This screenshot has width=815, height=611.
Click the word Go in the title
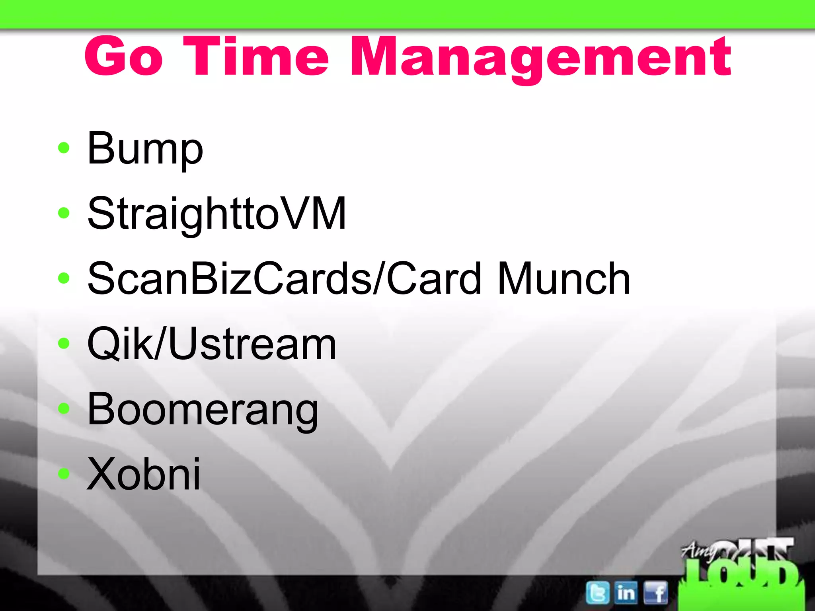[124, 56]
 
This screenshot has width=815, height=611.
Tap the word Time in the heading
[256, 56]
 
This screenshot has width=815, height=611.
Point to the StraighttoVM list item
[216, 214]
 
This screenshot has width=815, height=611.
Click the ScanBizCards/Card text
[284, 278]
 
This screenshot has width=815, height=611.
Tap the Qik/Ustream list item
[212, 344]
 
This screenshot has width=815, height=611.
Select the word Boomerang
[203, 410]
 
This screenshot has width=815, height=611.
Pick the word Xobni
[144, 474]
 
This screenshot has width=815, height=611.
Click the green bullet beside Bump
[64, 148]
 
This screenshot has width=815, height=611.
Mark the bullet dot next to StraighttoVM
[64, 213]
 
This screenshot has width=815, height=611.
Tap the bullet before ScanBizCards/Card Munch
[64, 278]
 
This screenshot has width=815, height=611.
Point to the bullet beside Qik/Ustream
[64, 343]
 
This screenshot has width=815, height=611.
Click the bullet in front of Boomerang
[64, 408]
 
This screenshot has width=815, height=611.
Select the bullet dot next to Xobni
[64, 473]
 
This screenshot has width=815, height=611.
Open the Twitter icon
[597, 593]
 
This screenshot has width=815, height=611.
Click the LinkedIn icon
[626, 593]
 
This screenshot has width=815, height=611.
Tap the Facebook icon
[655, 593]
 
